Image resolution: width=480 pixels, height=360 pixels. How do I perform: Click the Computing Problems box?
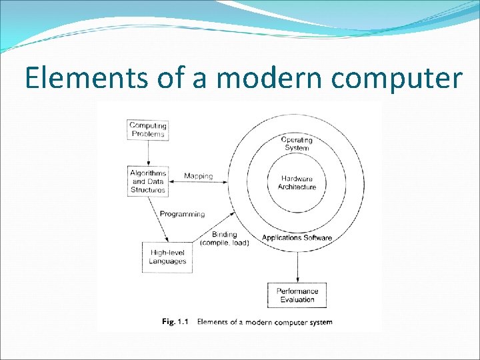(x=148, y=129)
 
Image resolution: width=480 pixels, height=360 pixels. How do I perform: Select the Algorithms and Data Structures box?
(x=148, y=181)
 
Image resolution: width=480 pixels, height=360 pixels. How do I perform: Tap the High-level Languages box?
(x=167, y=257)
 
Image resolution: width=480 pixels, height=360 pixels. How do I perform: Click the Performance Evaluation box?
(x=297, y=295)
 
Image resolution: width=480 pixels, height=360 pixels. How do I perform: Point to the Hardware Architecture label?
(x=297, y=183)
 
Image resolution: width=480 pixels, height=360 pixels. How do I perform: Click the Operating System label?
(x=297, y=143)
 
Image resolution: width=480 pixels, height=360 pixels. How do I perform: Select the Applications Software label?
(x=297, y=238)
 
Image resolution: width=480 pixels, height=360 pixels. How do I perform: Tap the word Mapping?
(x=198, y=176)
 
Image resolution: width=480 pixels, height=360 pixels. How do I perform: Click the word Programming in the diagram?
(x=182, y=214)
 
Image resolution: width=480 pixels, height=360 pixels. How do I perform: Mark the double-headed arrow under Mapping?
(x=198, y=182)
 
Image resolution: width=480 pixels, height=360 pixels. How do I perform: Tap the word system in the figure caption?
(x=321, y=322)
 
